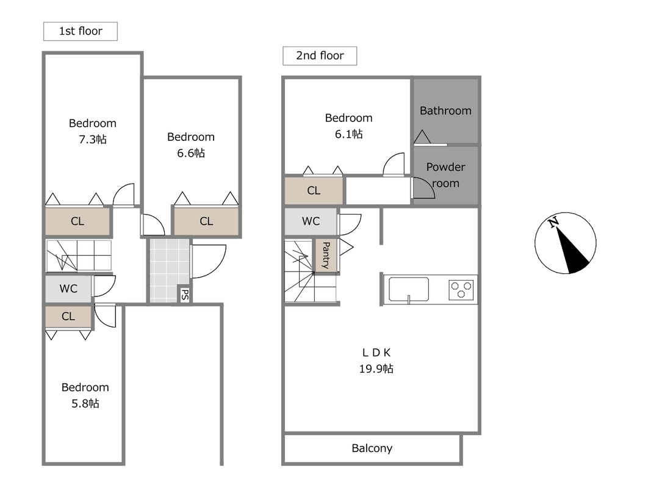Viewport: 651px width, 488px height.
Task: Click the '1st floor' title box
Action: point(81,31)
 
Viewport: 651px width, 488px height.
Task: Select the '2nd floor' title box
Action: point(320,56)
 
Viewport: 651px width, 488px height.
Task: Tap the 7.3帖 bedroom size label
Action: point(93,139)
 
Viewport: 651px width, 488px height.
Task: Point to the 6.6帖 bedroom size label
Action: point(191,152)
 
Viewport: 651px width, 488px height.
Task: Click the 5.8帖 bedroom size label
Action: point(85,403)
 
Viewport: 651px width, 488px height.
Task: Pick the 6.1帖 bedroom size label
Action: point(349,134)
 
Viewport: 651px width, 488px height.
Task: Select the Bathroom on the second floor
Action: point(445,111)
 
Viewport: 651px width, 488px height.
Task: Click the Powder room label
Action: point(445,175)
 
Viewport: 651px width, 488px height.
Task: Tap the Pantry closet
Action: point(326,255)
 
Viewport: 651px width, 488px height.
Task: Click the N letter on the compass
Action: point(553,223)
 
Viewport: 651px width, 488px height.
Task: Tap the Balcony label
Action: point(372,448)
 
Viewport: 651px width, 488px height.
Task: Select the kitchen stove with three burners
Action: point(461,290)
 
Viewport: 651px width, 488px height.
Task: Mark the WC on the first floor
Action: point(68,289)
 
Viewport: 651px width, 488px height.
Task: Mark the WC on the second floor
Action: point(311,221)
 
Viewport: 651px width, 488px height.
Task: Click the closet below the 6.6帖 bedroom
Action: point(206,221)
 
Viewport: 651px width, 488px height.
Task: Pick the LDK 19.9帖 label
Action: point(376,360)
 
